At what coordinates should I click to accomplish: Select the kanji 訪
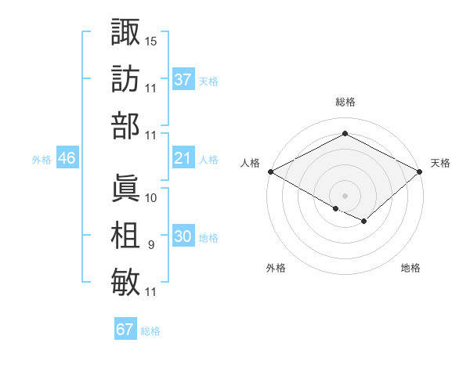[125, 78]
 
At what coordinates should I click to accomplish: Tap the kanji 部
[125, 125]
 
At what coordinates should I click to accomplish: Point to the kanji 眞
[125, 187]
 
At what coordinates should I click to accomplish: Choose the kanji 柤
[125, 236]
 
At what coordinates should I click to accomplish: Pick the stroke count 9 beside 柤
[150, 246]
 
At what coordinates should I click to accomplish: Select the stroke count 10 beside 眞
[151, 197]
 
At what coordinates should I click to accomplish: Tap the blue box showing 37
[183, 79]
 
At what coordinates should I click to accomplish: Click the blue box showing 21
[183, 159]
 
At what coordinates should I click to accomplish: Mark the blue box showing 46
[67, 159]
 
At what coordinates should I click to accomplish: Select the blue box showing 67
[125, 330]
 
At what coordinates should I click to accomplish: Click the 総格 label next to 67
[150, 331]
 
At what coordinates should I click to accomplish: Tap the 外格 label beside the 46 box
[42, 160]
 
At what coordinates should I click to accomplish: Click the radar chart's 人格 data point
[269, 171]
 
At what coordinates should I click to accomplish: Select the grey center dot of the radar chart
[345, 195]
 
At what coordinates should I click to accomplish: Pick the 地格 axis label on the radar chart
[410, 269]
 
